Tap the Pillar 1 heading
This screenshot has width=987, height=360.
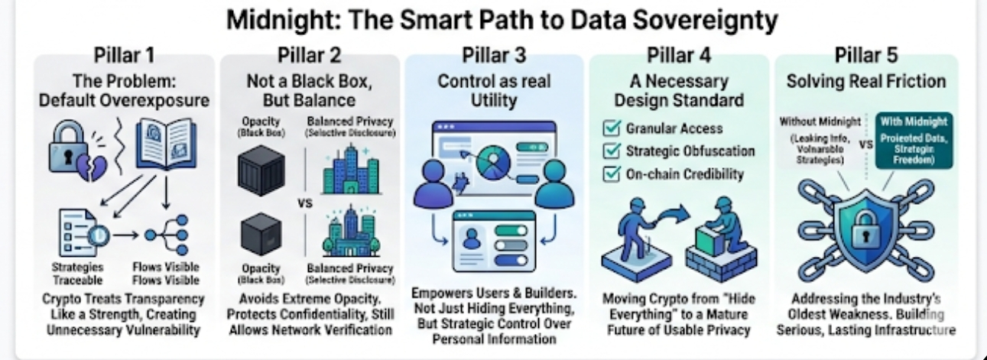123,56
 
